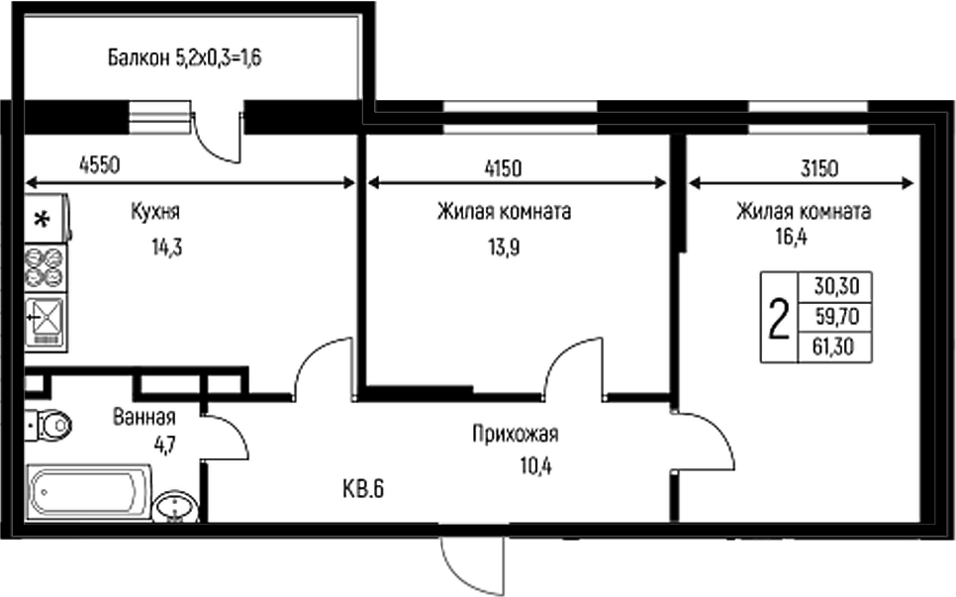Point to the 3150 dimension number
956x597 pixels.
click(x=819, y=167)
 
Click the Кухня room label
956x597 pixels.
click(x=154, y=212)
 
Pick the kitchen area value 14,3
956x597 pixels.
click(x=166, y=247)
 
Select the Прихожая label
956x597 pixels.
click(x=516, y=433)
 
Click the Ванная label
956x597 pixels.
click(x=144, y=417)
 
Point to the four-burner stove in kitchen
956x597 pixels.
click(x=46, y=265)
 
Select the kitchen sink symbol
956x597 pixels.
click(x=46, y=320)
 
